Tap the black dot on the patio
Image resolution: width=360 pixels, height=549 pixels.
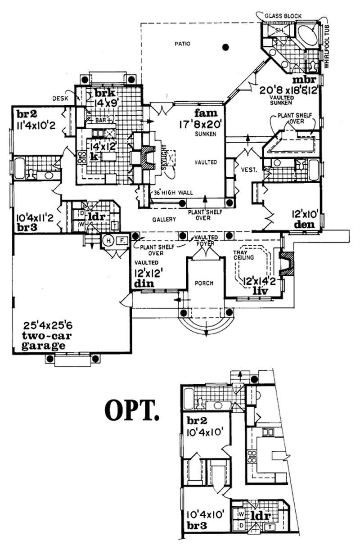[x=226, y=46]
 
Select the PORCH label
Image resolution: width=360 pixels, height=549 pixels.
[x=204, y=283]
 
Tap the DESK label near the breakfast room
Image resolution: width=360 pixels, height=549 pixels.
[x=59, y=97]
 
